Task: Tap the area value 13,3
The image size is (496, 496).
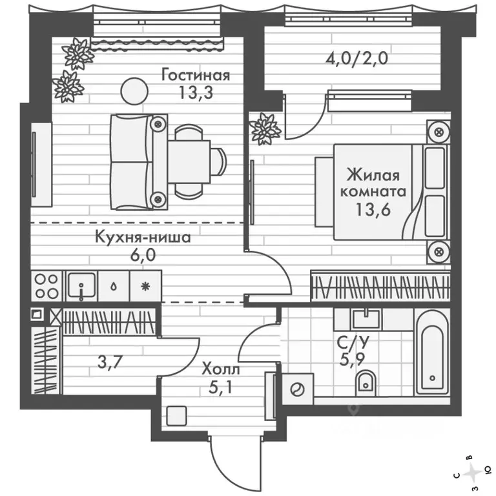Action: coord(195,91)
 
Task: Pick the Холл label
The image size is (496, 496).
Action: coord(220,370)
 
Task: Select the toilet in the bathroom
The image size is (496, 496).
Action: coord(366,382)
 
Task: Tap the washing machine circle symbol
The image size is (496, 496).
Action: coord(298,389)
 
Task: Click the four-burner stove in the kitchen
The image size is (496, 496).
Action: coord(46,285)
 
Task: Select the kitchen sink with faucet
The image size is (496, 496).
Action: coord(81,285)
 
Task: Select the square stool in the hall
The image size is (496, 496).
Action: coord(176,415)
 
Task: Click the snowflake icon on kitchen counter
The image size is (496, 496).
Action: coord(145,285)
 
